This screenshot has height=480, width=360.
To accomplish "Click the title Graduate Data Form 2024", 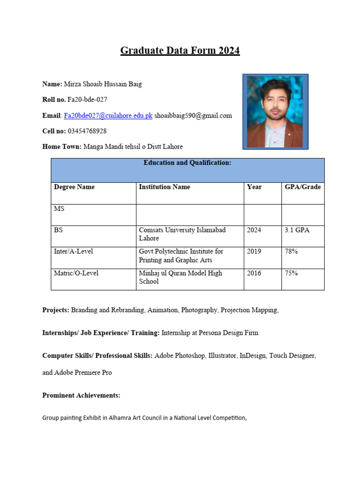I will pos(180,51).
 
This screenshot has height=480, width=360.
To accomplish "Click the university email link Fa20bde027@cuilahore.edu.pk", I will pos(108,115).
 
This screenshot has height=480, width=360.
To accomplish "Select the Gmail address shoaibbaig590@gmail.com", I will pos(193,115).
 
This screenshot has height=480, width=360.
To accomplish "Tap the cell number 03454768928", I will pos(87,131).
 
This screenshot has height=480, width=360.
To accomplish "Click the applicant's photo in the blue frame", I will pos(275,112).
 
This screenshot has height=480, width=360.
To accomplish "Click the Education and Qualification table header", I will pos(187,163).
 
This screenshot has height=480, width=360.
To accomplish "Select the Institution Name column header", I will pos(165,187).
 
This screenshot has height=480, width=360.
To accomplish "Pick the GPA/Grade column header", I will pos(303,187).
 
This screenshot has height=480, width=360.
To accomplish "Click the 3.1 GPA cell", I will pos(297,230).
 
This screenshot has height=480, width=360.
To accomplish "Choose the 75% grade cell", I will pos(291,273).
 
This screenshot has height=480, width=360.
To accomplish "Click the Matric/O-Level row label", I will pos(76,273).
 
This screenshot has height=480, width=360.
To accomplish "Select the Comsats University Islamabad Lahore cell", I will pos(182,234).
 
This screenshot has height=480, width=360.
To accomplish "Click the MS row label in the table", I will pos(59,209).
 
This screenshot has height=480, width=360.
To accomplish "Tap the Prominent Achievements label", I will pos(81,396).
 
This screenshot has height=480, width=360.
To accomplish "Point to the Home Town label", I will pos(62,147).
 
